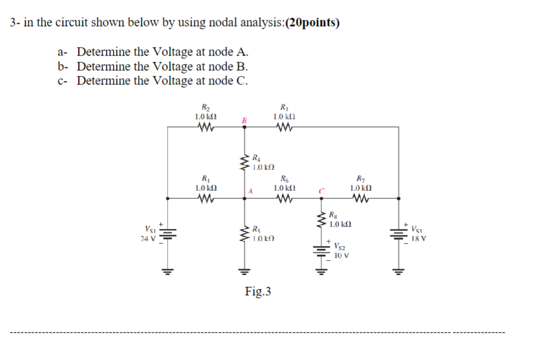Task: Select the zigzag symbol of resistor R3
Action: click(x=283, y=127)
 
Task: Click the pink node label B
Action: click(x=244, y=120)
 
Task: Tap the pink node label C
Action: click(x=321, y=191)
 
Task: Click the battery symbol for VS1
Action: click(x=168, y=233)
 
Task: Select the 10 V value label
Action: click(x=342, y=255)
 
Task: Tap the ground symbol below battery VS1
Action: click(x=168, y=271)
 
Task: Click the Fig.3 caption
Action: click(x=258, y=292)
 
